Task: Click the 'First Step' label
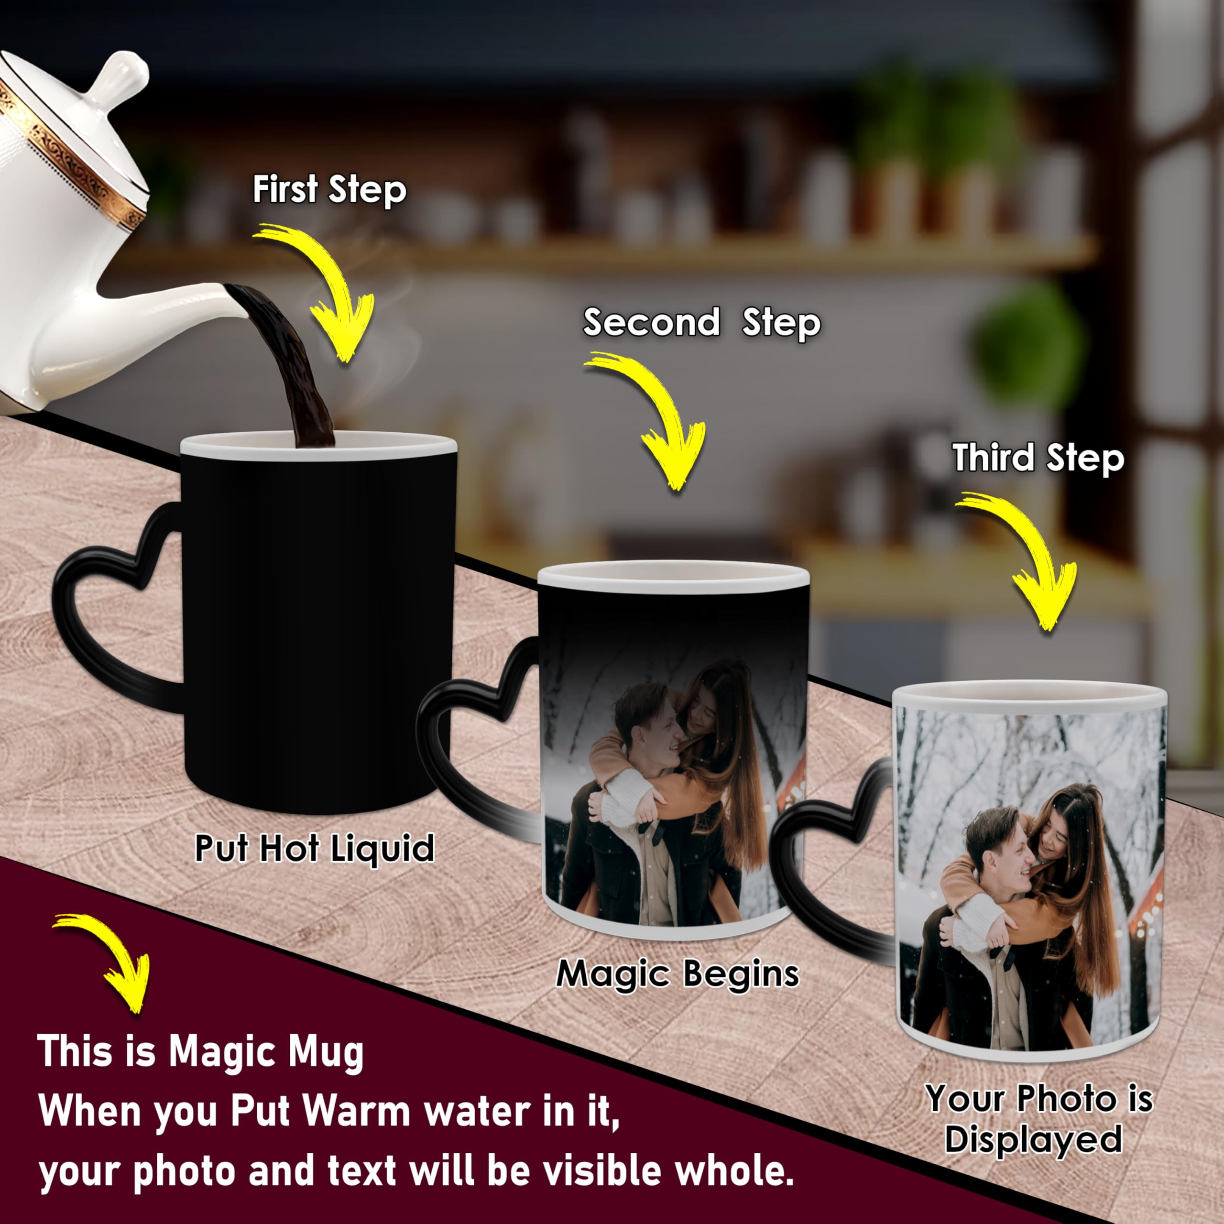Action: [329, 190]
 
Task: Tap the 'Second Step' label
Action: [701, 323]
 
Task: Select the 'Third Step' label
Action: [1038, 458]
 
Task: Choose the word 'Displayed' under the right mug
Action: [1033, 1139]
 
